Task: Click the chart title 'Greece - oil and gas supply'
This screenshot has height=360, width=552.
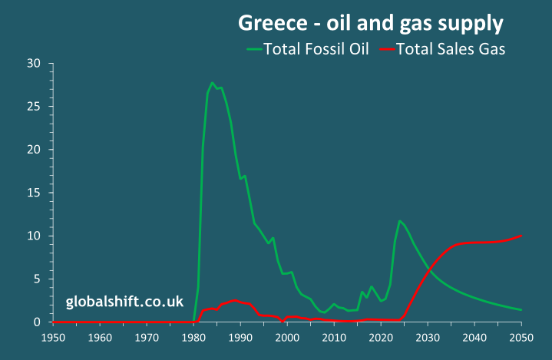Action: (370, 23)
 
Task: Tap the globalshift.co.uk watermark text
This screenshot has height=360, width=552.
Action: (124, 302)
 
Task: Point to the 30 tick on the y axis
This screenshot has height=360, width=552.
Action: (33, 63)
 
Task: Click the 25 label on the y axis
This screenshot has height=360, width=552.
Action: (33, 106)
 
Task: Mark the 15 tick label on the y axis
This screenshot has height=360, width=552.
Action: (33, 193)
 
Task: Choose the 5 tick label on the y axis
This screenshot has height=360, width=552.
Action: (36, 279)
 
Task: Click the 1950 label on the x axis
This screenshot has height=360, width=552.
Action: (53, 338)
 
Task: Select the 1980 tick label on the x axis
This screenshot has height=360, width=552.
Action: (193, 338)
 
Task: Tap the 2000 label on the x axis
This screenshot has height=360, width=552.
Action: (287, 338)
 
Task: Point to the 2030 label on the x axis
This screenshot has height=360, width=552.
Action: (428, 338)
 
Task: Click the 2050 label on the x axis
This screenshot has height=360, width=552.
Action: (521, 338)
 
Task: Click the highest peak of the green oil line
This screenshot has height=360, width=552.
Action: (212, 83)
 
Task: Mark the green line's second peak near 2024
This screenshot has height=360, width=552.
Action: (399, 221)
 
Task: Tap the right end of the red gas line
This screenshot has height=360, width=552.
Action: (521, 236)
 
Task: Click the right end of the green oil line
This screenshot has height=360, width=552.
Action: (521, 310)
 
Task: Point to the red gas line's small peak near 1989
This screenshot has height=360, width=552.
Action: (235, 299)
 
